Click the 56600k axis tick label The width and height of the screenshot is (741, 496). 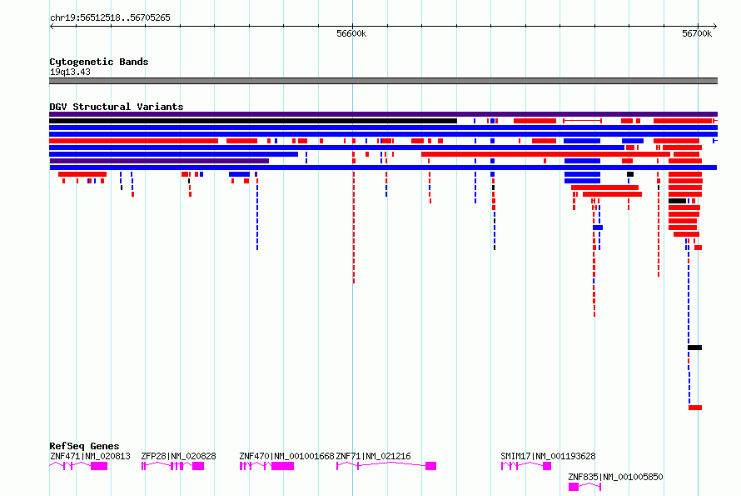[351, 33]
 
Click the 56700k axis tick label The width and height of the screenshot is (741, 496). [697, 33]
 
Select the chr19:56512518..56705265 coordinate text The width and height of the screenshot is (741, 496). [110, 18]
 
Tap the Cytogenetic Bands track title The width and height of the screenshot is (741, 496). [99, 62]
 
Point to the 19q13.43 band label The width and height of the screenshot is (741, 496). [70, 72]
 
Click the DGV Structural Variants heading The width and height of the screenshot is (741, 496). [117, 107]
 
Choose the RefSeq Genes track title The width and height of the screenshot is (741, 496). [84, 446]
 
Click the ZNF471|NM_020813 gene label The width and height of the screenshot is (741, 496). [90, 456]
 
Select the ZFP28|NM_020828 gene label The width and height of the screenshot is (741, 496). [178, 456]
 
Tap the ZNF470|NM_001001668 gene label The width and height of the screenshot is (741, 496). [286, 456]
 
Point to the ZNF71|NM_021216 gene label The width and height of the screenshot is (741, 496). [373, 456]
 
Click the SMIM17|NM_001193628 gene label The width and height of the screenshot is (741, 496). [548, 456]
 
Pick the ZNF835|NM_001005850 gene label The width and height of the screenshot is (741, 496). [615, 477]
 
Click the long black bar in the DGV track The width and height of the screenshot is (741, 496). [253, 121]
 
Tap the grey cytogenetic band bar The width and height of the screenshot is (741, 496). [383, 81]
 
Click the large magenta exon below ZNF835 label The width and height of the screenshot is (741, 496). [574, 487]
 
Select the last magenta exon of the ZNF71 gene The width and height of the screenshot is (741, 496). [430, 466]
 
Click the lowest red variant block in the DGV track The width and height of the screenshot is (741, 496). [695, 408]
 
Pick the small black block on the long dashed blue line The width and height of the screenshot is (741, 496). [694, 348]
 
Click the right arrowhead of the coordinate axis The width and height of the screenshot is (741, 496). [715, 27]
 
